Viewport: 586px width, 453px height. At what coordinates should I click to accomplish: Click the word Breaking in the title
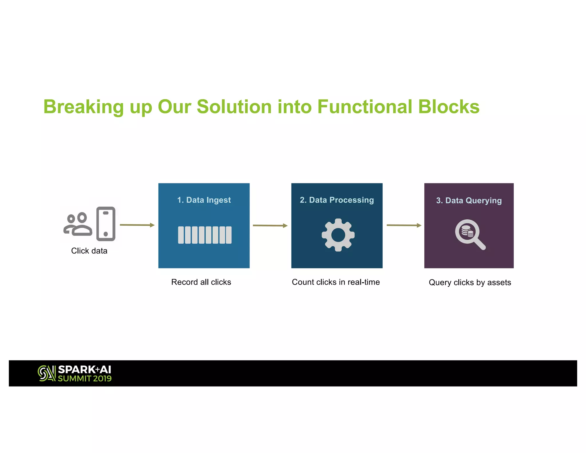click(x=83, y=107)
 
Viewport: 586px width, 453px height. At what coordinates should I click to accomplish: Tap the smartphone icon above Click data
click(x=106, y=224)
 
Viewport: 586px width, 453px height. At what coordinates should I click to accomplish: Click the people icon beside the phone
click(x=78, y=224)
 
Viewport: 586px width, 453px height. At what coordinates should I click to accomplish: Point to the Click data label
click(x=89, y=251)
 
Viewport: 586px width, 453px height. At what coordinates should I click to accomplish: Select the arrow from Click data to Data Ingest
click(x=137, y=225)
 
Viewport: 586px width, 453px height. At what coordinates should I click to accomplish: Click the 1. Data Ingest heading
click(x=204, y=200)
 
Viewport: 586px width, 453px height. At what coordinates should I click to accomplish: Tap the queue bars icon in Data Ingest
click(x=205, y=235)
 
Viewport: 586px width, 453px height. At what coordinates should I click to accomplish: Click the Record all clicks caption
click(x=201, y=282)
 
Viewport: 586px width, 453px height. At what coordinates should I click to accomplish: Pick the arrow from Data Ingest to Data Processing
click(x=270, y=226)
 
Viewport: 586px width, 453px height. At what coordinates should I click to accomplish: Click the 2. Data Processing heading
click(x=337, y=200)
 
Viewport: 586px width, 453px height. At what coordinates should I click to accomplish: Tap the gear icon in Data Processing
click(x=338, y=235)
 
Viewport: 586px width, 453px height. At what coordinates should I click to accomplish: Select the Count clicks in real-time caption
click(x=336, y=282)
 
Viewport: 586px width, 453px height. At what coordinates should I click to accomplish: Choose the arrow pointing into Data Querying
click(x=404, y=225)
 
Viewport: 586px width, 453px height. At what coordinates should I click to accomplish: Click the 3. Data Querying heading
click(x=469, y=200)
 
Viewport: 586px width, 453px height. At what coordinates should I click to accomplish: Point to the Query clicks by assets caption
click(x=470, y=283)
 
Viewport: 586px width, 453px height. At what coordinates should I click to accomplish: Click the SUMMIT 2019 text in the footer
click(x=85, y=379)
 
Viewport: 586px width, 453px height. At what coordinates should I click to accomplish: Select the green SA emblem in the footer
click(x=46, y=373)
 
